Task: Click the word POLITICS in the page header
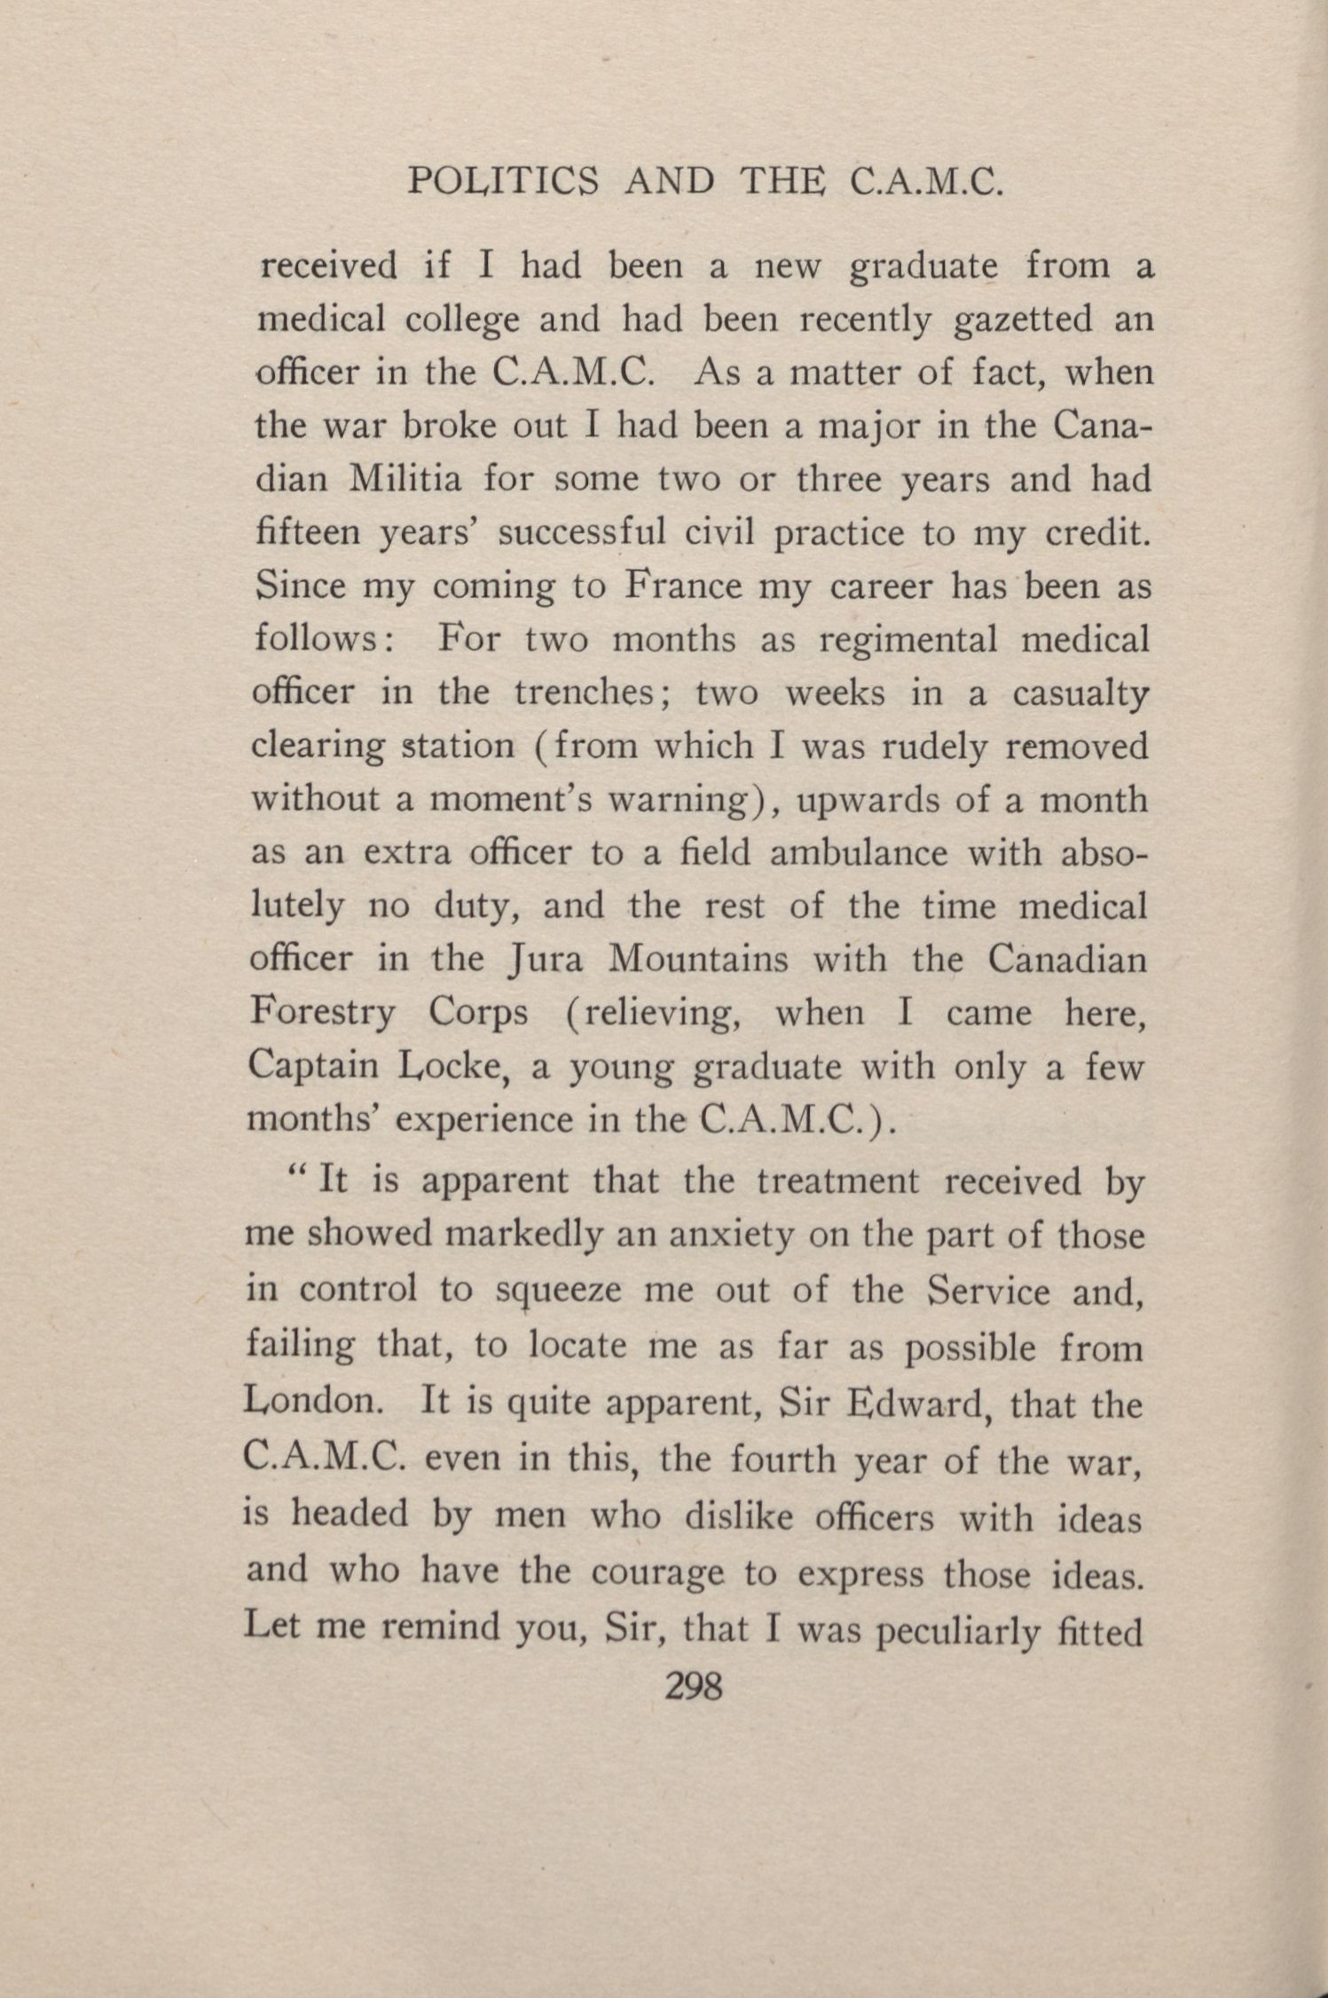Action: pyautogui.click(x=502, y=182)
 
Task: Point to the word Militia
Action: pyautogui.click(x=406, y=480)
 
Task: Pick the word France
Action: pyautogui.click(x=682, y=586)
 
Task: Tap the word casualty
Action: pyautogui.click(x=1081, y=694)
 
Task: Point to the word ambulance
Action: pyautogui.click(x=858, y=853)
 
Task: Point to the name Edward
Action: pyautogui.click(x=918, y=1404)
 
